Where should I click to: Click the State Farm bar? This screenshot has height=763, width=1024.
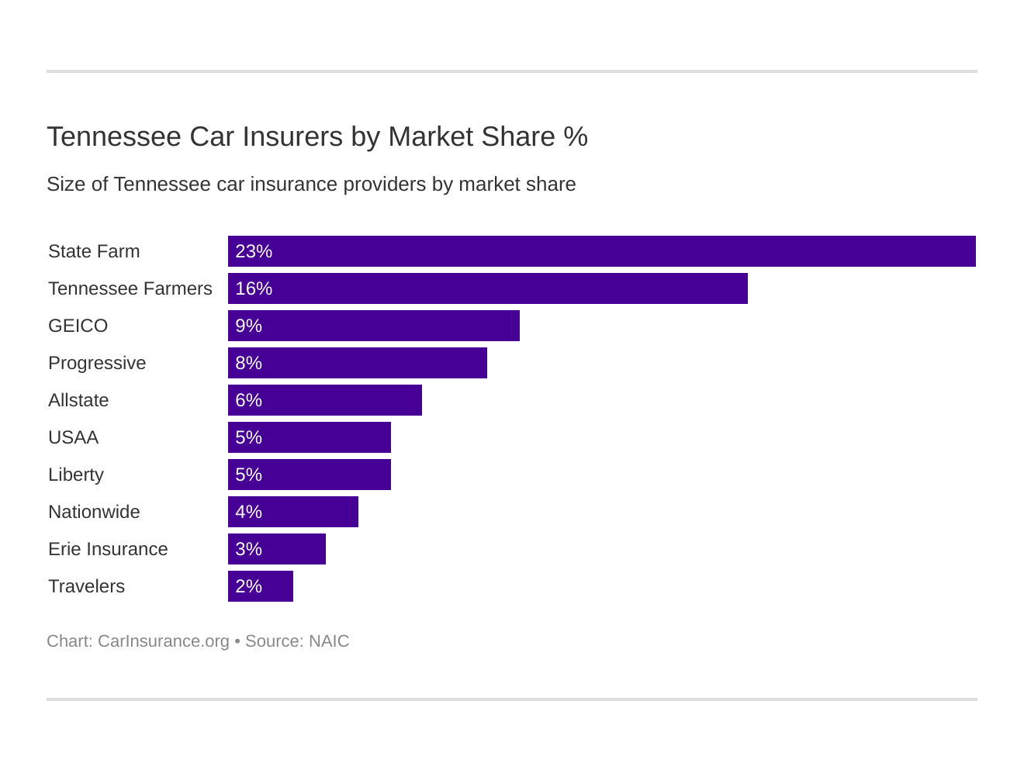[x=601, y=251]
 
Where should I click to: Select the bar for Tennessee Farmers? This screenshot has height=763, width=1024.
[x=487, y=288]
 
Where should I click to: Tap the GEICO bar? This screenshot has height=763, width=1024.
[x=373, y=326]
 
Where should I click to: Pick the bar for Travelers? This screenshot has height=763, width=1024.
[x=260, y=586]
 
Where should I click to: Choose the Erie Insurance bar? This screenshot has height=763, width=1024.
[x=276, y=549]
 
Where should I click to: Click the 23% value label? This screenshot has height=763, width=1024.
[x=254, y=251]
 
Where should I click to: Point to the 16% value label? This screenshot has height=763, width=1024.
[x=254, y=288]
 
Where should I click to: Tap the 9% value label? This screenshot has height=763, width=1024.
[x=248, y=326]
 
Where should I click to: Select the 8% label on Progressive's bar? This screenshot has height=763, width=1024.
[x=248, y=363]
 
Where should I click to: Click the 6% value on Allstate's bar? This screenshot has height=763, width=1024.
[x=248, y=400]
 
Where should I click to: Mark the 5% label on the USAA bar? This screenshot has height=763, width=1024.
[x=248, y=437]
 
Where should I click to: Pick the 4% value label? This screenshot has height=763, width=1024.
[x=248, y=512]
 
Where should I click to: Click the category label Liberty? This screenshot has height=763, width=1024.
[x=76, y=475]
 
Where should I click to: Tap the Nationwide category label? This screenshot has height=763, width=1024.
[x=94, y=512]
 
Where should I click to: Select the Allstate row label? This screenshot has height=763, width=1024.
[x=78, y=400]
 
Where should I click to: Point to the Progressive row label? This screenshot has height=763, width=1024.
[x=97, y=363]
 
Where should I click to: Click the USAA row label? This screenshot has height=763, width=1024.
[x=73, y=437]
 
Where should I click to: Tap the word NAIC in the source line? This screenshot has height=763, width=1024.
[x=329, y=641]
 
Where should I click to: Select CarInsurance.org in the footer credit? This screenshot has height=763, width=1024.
[x=163, y=641]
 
